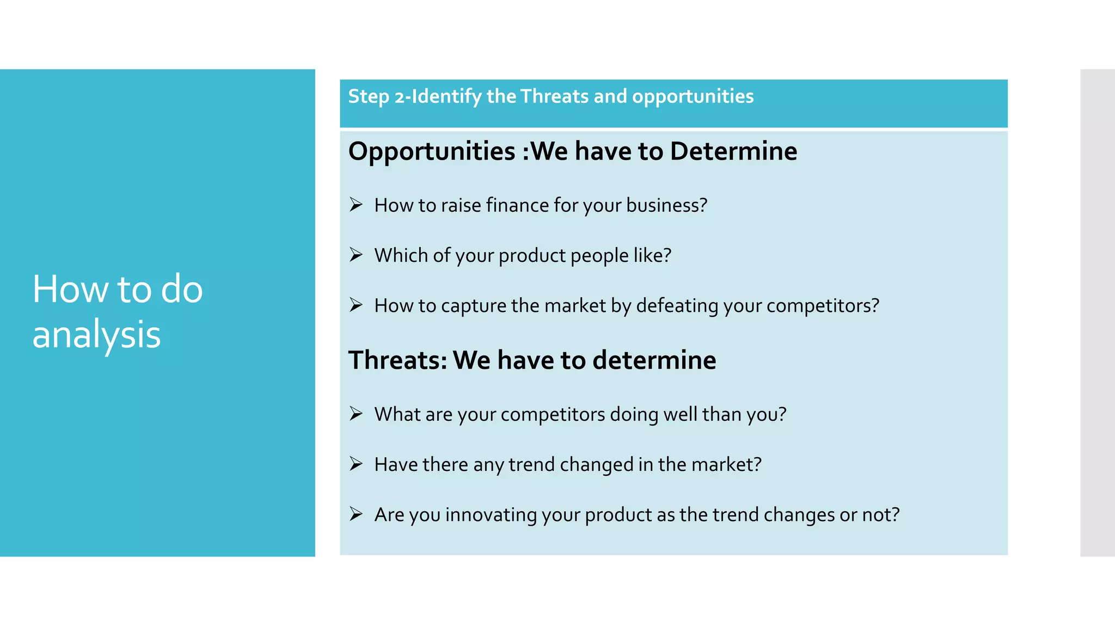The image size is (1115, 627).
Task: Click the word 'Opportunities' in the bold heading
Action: [432, 152]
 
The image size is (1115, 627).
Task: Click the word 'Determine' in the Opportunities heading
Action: [733, 151]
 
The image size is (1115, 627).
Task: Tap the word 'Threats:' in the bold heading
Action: [397, 360]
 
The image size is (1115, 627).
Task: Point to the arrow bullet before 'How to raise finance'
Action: [356, 205]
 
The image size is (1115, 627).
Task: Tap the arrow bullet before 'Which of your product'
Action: [356, 255]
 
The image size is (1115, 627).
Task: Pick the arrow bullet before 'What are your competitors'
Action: [356, 414]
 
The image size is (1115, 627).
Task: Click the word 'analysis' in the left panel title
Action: [96, 334]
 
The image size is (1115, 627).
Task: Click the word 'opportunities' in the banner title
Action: [693, 96]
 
